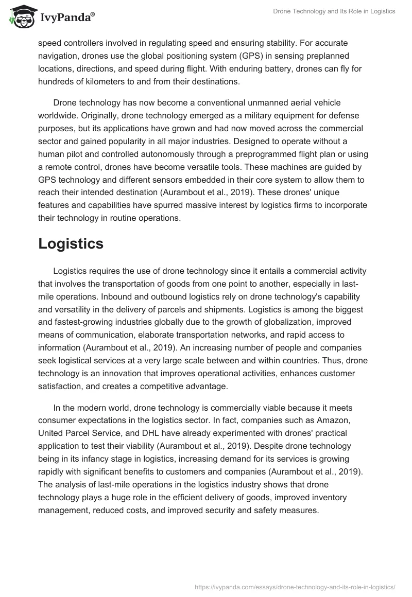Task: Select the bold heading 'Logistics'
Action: pos(71,243)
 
